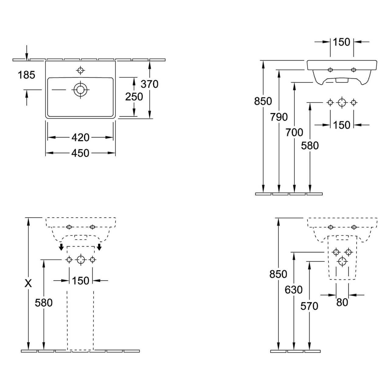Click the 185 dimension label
pyautogui.click(x=27, y=75)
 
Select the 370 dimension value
pyautogui.click(x=150, y=84)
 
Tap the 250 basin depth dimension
pyautogui.click(x=134, y=97)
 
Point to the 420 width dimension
pyautogui.click(x=80, y=137)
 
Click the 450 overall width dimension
pyautogui.click(x=80, y=153)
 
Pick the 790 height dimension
pyautogui.click(x=279, y=117)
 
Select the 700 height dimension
pyautogui.click(x=294, y=132)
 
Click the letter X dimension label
pyautogui.click(x=28, y=283)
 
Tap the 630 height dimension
pyautogui.click(x=294, y=289)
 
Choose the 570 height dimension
pyautogui.click(x=309, y=306)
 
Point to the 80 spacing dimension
pyautogui.click(x=342, y=302)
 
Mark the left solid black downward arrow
pyautogui.click(x=61, y=247)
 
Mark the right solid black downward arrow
pyautogui.click(x=99, y=247)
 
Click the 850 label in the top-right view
pyautogui.click(x=263, y=101)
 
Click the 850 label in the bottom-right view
pyautogui.click(x=278, y=274)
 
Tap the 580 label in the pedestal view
pyautogui.click(x=44, y=303)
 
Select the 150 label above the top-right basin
pyautogui.click(x=342, y=42)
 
